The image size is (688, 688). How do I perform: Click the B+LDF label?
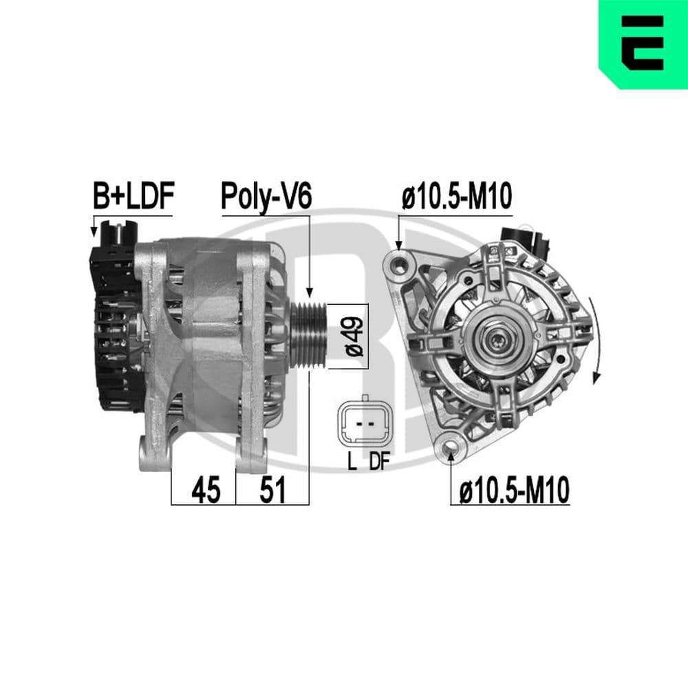click(133, 197)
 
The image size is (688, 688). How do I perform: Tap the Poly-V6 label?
click(266, 197)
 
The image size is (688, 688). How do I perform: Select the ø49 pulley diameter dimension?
click(354, 336)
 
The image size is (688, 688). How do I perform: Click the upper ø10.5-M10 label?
click(456, 197)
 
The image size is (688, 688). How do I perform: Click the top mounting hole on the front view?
click(400, 262)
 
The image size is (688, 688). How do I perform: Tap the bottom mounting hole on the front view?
click(451, 449)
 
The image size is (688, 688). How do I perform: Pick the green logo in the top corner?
click(643, 44)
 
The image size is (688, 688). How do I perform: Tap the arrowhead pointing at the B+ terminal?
click(94, 233)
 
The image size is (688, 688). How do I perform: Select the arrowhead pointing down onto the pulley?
click(310, 293)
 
